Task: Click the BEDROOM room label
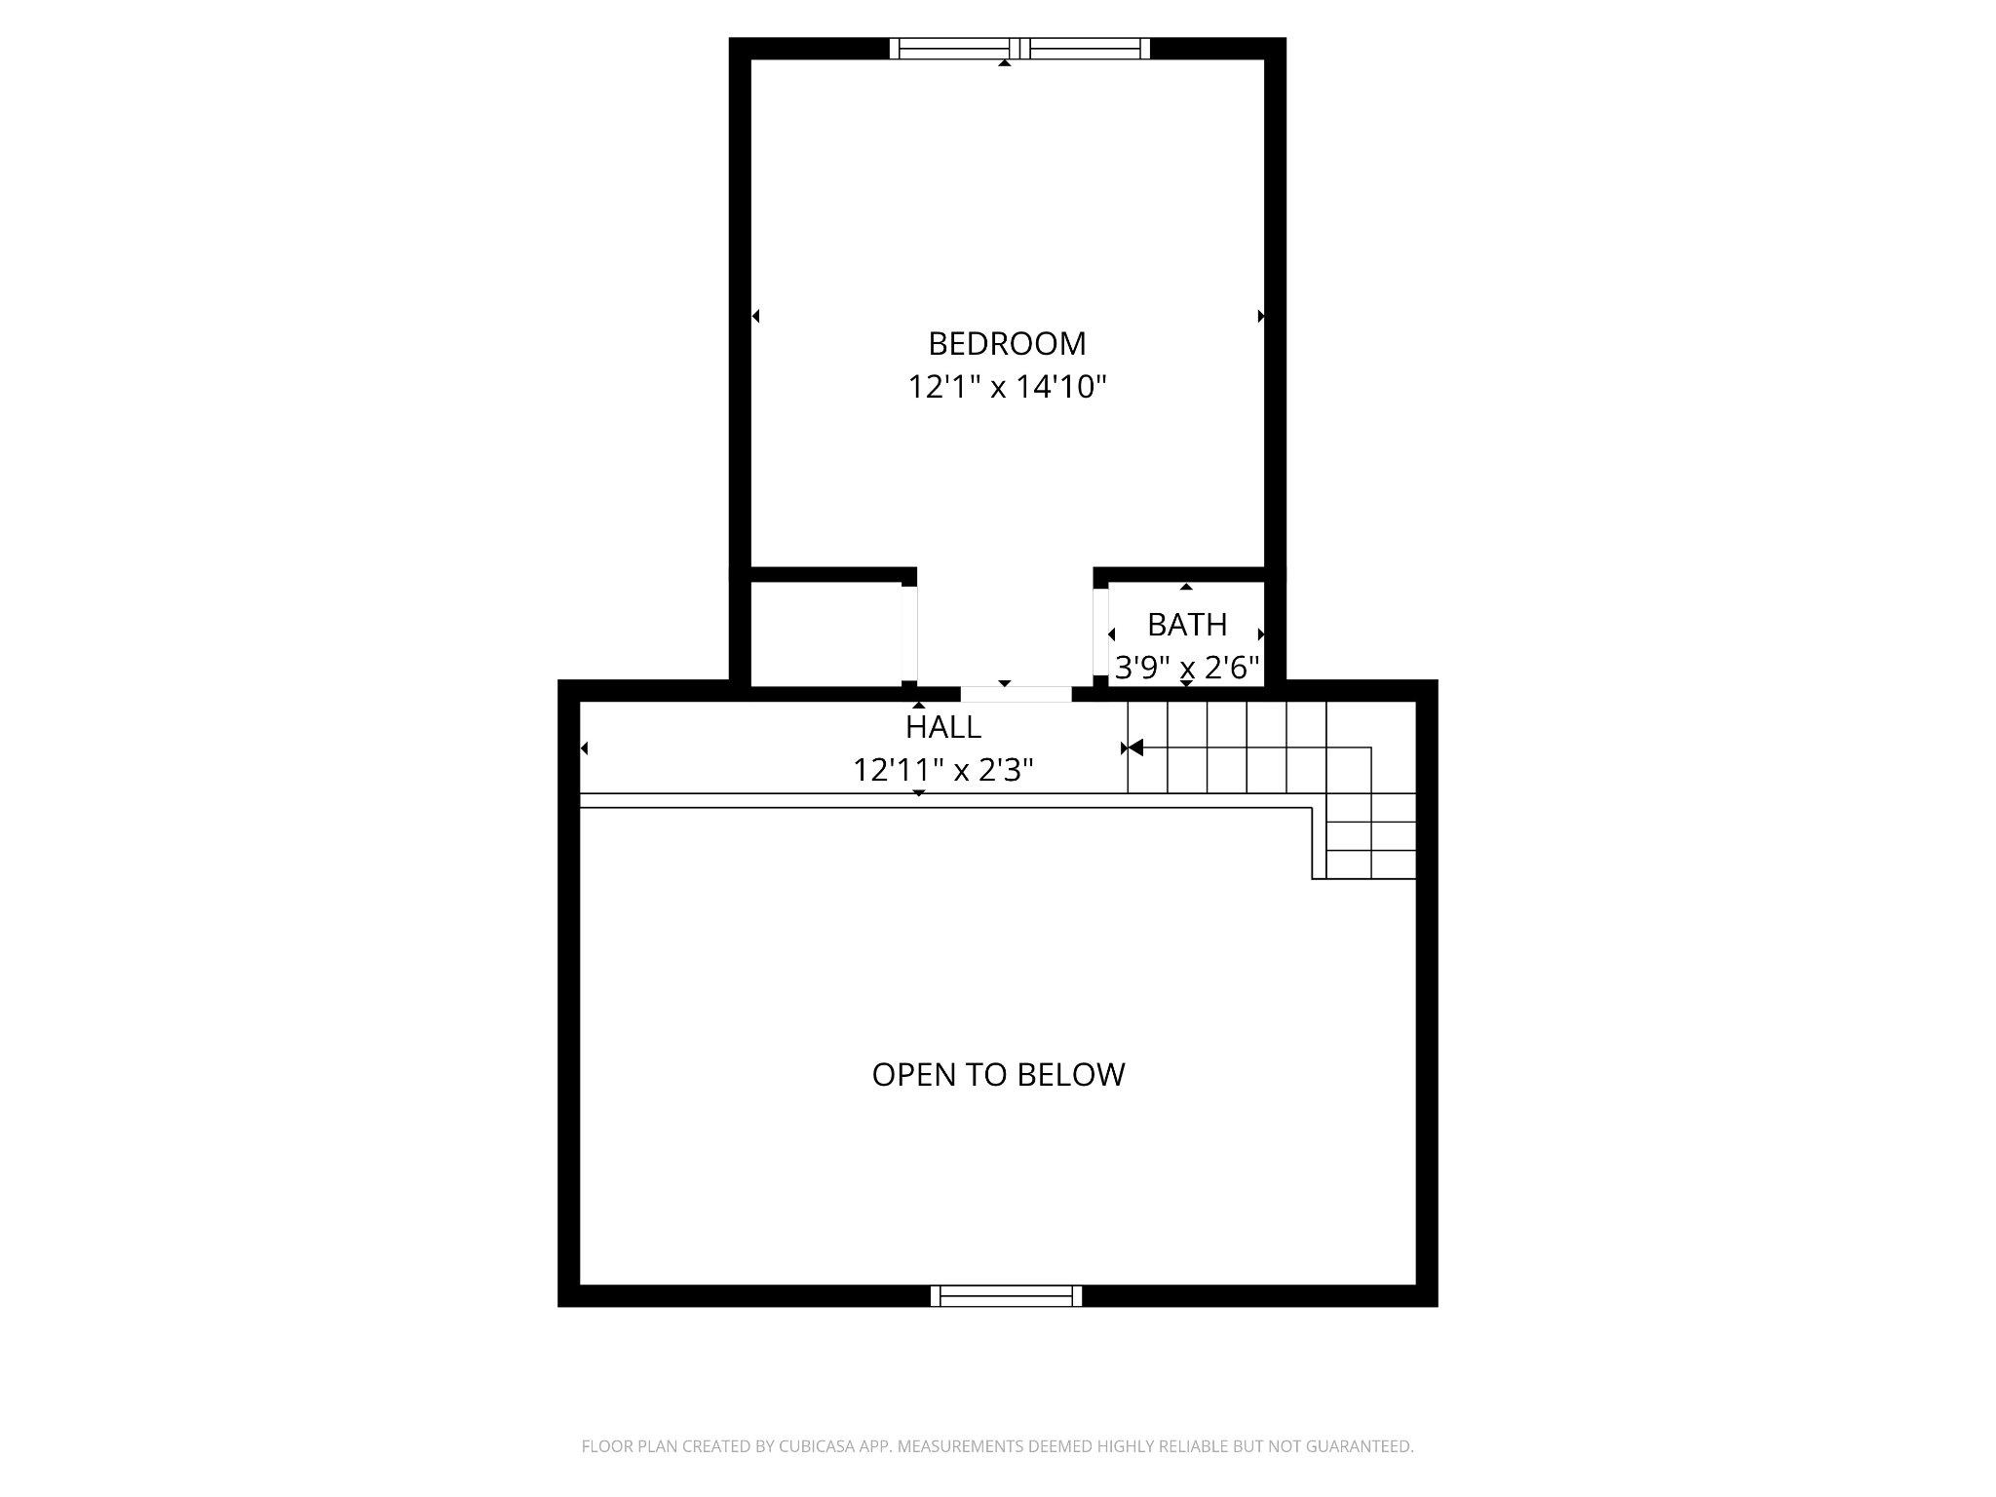(x=1007, y=344)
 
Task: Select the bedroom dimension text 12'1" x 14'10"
(x=1007, y=388)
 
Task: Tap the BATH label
(x=1186, y=625)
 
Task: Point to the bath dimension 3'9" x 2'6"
(x=1186, y=669)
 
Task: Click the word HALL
(x=942, y=727)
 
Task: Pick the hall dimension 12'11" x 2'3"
(x=942, y=771)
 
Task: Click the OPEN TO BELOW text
(x=998, y=1074)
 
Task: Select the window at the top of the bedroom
(x=1019, y=49)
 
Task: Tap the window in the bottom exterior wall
(x=1006, y=1295)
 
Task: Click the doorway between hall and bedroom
(x=1016, y=694)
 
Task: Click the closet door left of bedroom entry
(x=908, y=633)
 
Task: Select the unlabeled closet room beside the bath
(x=825, y=634)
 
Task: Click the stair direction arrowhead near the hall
(x=1134, y=748)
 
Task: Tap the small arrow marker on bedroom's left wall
(x=755, y=316)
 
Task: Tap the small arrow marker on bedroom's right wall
(x=1260, y=316)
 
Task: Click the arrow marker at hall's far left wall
(x=584, y=748)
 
